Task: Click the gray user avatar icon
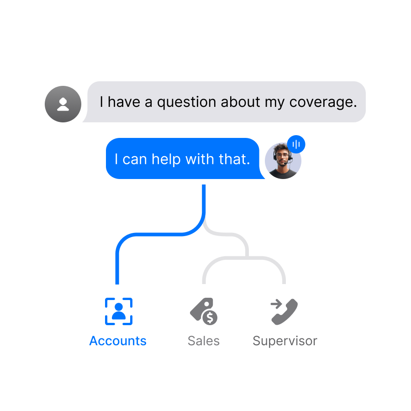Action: [x=63, y=104]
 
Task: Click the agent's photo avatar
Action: [x=283, y=161]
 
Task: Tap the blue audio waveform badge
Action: [x=296, y=145]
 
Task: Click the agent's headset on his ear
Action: [x=275, y=156]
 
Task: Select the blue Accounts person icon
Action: [x=119, y=311]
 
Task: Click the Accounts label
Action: [x=118, y=341]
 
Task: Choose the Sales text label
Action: [x=204, y=341]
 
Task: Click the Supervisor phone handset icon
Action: [x=286, y=313]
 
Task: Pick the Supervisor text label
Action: [x=285, y=341]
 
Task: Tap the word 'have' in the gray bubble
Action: [x=124, y=102]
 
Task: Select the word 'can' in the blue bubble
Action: [x=135, y=159]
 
